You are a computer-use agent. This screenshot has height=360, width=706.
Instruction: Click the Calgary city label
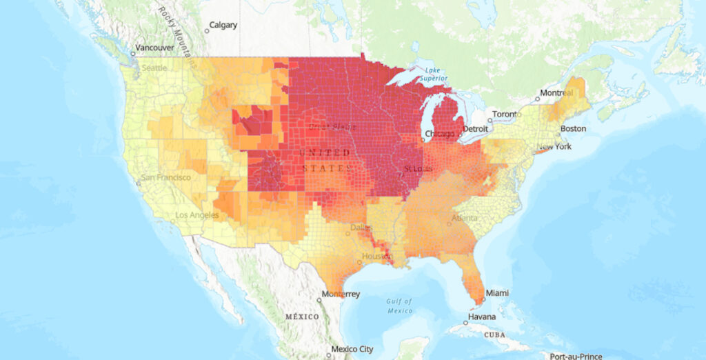tap(223, 26)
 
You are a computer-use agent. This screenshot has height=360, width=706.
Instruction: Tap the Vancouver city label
tap(154, 48)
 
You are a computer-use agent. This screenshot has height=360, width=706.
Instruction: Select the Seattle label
tap(154, 68)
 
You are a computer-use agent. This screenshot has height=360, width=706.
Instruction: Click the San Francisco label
tap(165, 177)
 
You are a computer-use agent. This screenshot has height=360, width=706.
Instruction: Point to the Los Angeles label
tap(197, 215)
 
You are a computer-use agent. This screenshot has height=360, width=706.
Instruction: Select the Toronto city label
tap(505, 114)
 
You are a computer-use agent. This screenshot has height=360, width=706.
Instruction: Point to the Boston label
tap(573, 129)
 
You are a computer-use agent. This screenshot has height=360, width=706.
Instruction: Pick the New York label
tap(554, 147)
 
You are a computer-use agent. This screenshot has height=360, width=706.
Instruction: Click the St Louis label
tap(418, 168)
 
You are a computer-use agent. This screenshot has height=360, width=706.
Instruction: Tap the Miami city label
tap(498, 293)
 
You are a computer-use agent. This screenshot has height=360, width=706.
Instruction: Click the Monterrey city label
tap(342, 294)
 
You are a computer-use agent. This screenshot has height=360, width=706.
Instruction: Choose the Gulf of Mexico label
tap(399, 306)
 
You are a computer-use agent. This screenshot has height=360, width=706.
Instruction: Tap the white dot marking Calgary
tap(206, 30)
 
